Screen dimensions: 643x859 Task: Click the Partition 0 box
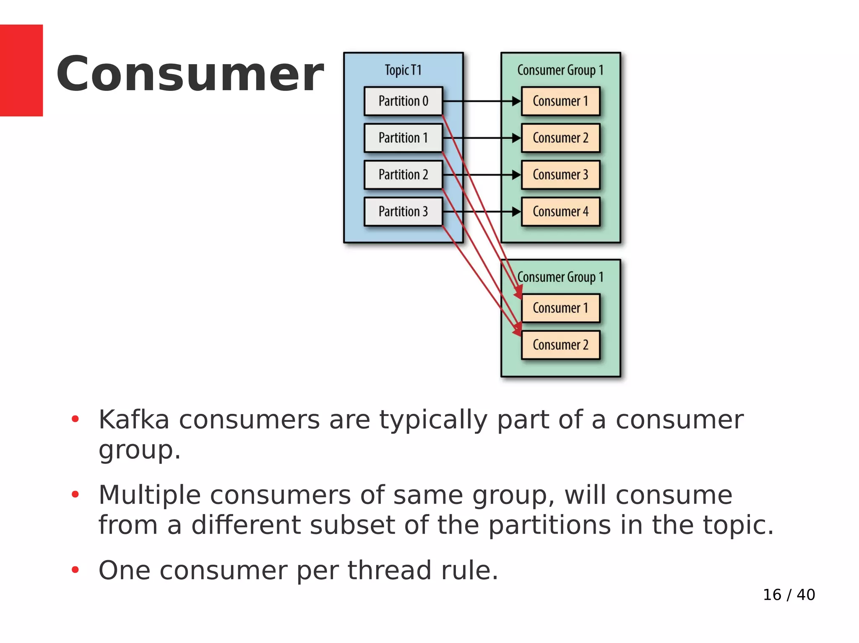403,101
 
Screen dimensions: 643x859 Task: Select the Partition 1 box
403,138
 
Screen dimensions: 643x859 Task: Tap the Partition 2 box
403,175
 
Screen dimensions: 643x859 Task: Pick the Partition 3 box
403,212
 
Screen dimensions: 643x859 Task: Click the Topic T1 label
403,70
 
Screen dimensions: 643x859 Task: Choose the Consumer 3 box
560,175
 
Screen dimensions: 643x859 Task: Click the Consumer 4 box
560,212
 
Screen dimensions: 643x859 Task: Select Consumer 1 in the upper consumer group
560,101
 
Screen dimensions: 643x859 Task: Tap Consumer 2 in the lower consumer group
560,345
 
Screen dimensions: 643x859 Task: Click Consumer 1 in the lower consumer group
560,308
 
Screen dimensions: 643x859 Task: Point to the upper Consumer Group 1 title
560,70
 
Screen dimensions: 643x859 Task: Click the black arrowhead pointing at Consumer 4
516,212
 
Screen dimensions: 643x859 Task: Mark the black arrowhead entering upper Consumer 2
516,138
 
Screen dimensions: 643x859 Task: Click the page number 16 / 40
789,595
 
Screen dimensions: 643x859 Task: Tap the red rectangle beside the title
21,70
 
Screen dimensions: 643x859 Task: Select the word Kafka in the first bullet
133,420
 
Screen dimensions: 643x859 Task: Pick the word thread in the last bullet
389,571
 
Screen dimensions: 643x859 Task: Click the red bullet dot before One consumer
75,570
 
